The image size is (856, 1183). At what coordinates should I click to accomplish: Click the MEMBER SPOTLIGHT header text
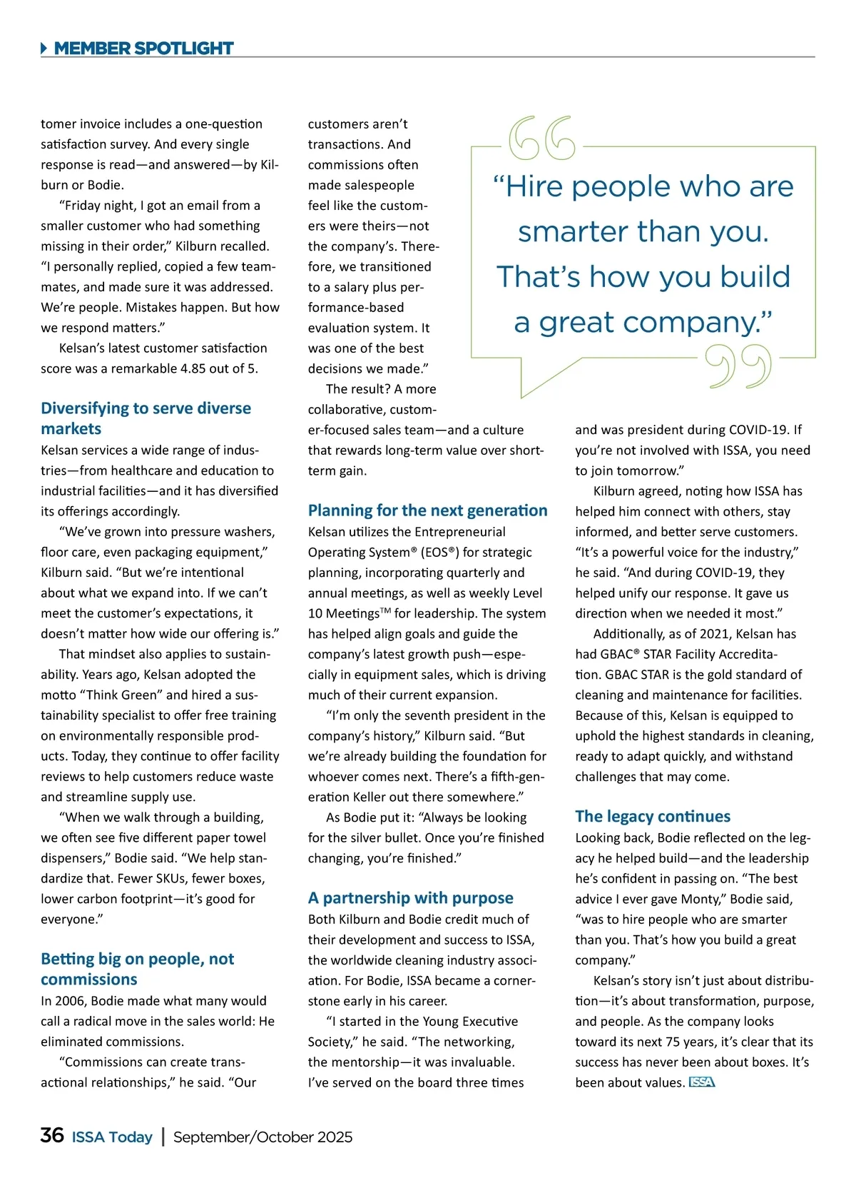(143, 49)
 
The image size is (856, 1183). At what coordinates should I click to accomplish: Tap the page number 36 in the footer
(52, 1135)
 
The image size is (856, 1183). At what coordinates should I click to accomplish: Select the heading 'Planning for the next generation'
(427, 510)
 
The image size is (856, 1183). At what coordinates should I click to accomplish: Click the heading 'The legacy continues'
(653, 816)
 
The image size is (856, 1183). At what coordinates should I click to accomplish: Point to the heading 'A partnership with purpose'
(410, 898)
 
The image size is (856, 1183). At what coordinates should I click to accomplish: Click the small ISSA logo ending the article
(702, 1082)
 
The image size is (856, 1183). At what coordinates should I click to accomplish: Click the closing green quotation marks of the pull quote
(738, 366)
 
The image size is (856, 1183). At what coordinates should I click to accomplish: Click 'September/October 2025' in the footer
(263, 1137)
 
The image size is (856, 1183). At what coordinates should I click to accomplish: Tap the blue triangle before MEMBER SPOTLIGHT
(44, 49)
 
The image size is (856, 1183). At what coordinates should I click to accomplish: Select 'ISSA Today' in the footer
(112, 1137)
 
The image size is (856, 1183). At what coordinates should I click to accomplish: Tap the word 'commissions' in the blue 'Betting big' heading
(88, 980)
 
